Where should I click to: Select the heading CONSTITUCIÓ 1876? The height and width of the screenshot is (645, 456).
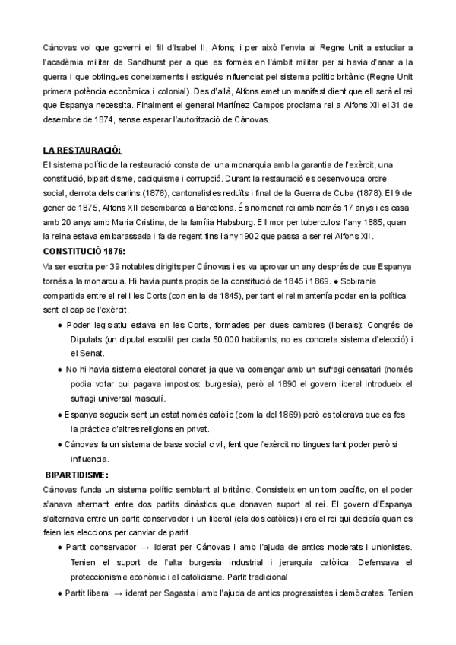(84, 251)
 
